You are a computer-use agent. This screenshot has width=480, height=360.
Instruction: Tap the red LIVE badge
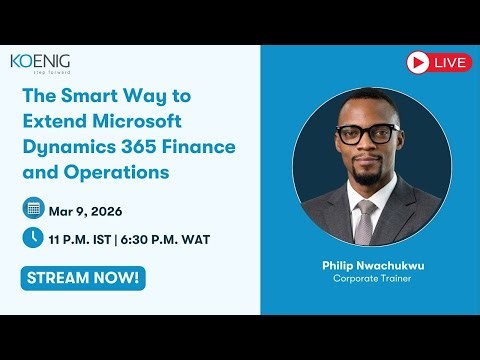tap(439, 63)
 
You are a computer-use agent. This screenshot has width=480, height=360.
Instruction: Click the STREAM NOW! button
tap(82, 277)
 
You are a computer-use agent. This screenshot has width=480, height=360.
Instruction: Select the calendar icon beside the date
tap(33, 209)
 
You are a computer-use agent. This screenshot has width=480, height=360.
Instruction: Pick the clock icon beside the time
tap(33, 238)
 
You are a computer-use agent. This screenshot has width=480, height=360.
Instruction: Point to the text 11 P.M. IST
tap(84, 239)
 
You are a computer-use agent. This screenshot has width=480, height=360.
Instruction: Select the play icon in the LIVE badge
tap(419, 63)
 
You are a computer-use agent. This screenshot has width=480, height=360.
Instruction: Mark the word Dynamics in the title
tap(65, 147)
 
